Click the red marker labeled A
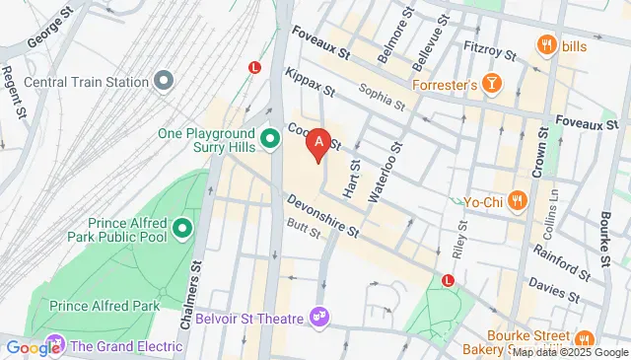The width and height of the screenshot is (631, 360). [317, 145]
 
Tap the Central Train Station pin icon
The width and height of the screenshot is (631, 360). [164, 80]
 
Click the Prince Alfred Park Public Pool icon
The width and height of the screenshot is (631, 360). [181, 230]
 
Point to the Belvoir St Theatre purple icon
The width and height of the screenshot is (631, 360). [318, 317]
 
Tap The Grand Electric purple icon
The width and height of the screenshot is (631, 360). [56, 345]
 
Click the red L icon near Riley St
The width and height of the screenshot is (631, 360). [449, 280]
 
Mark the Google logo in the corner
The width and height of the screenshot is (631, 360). [32, 346]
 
